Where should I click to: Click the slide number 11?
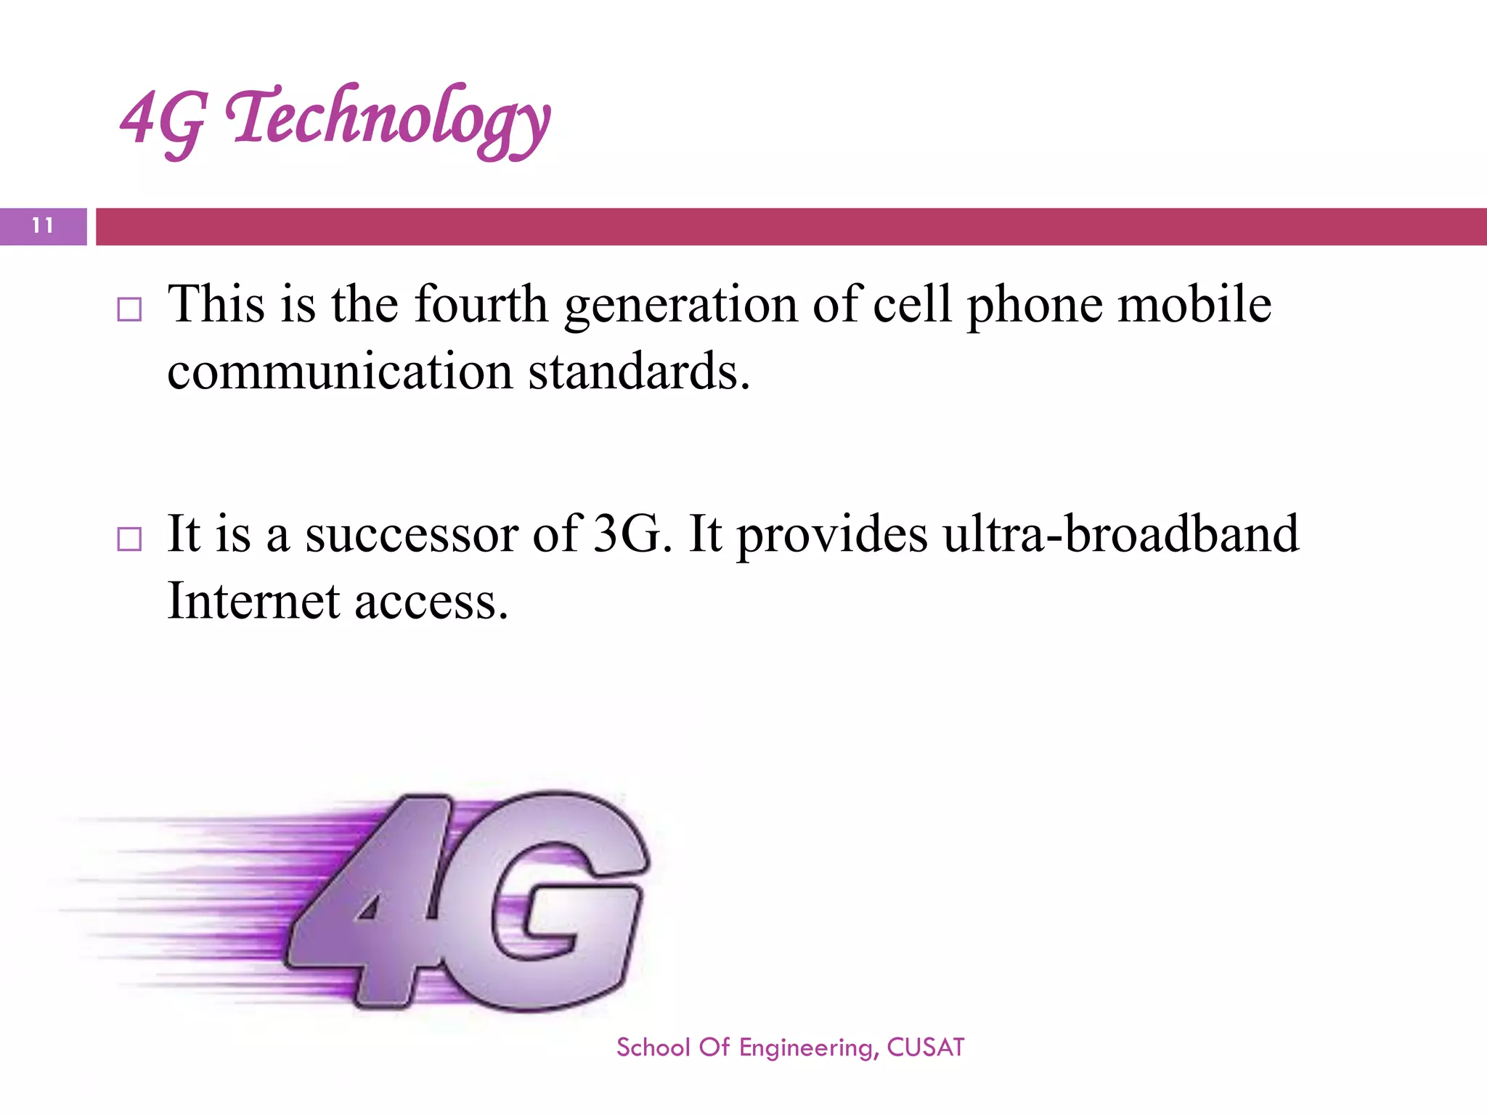click(x=43, y=226)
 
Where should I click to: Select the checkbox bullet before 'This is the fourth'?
click(x=129, y=310)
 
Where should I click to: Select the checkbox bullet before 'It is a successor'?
click(x=129, y=539)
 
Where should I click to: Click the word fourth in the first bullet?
click(x=481, y=304)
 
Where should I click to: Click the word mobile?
click(x=1194, y=304)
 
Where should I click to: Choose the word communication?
click(x=340, y=372)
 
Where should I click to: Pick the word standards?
click(x=637, y=372)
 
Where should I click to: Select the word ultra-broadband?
click(x=1120, y=534)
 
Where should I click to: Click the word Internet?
click(x=253, y=601)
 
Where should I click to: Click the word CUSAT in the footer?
click(x=926, y=1047)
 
